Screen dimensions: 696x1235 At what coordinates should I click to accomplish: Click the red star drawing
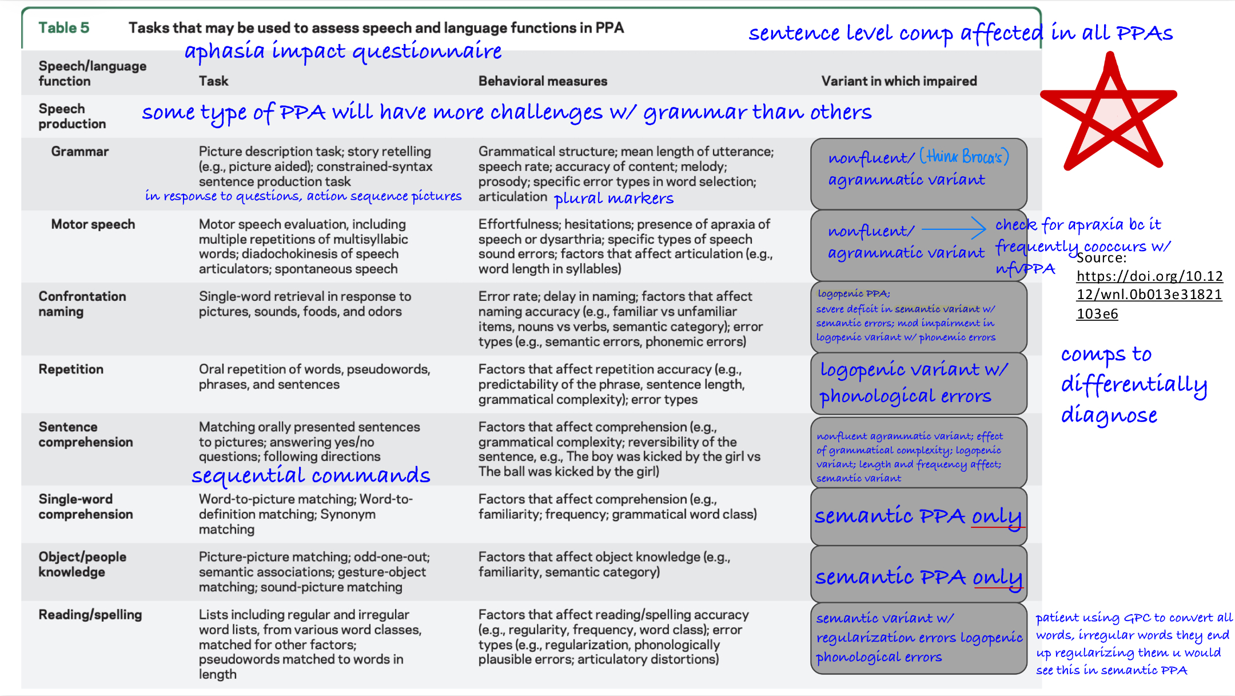pos(1109,114)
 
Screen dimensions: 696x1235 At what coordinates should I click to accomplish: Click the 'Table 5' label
pos(63,27)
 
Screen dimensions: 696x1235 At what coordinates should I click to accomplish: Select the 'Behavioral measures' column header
pos(543,81)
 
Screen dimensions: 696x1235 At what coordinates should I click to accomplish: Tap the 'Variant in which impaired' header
pos(899,81)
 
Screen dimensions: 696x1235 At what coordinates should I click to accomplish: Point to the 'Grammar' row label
pos(79,152)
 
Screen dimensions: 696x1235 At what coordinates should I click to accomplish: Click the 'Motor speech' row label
pos(93,224)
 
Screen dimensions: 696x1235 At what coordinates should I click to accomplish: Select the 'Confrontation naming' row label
pos(82,304)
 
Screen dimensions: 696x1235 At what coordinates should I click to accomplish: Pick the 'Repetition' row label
pos(71,369)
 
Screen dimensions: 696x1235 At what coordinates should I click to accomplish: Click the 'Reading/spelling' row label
pos(90,615)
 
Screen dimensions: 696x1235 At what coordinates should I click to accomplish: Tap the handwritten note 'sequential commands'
pos(310,475)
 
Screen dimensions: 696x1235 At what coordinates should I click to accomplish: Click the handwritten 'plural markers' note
pos(613,198)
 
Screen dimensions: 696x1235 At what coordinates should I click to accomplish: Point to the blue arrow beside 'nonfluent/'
pos(954,229)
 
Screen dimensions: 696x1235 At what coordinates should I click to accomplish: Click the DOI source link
pos(1149,295)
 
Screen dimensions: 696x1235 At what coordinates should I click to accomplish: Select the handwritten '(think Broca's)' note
pos(964,156)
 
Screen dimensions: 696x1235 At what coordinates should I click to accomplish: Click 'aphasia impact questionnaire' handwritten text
pos(342,51)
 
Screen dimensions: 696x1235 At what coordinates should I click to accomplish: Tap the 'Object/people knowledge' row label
pos(82,564)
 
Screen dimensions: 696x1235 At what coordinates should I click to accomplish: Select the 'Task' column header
pos(213,81)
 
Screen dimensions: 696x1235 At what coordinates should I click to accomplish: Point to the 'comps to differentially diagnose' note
pos(1133,384)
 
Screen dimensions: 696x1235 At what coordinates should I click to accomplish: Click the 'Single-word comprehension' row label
pos(85,507)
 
